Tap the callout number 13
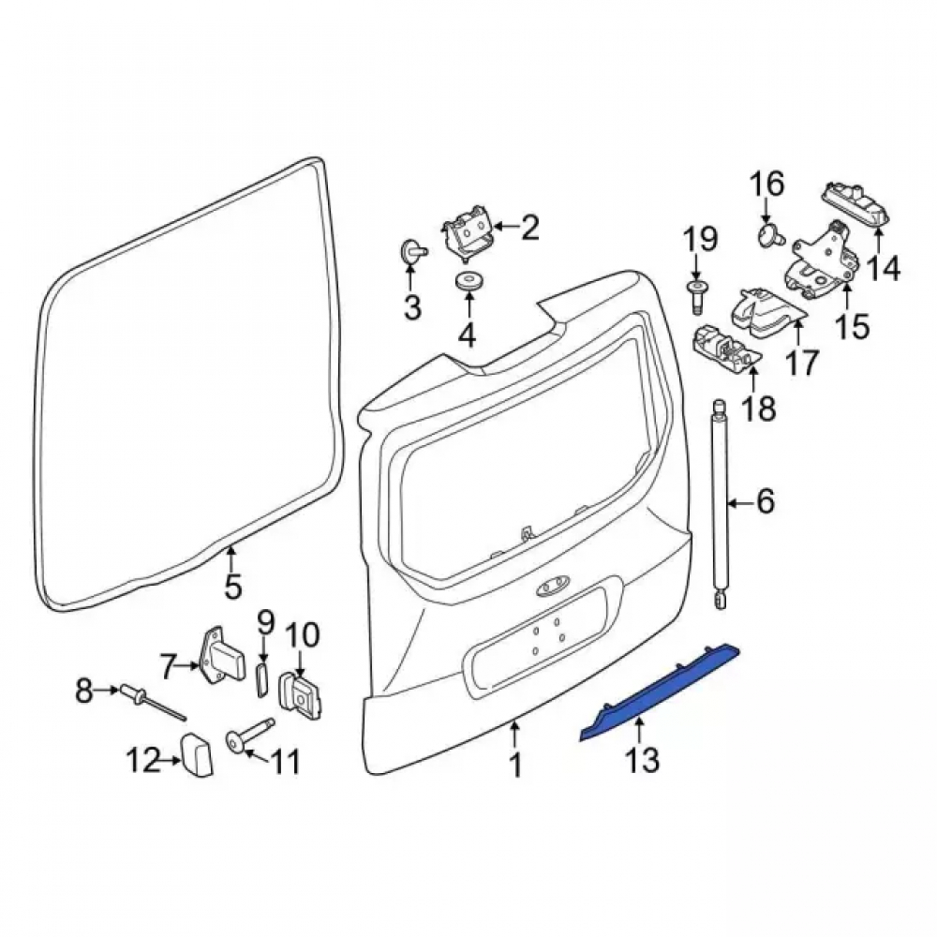click(643, 761)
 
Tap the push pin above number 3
click(412, 251)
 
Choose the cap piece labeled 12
click(196, 753)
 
